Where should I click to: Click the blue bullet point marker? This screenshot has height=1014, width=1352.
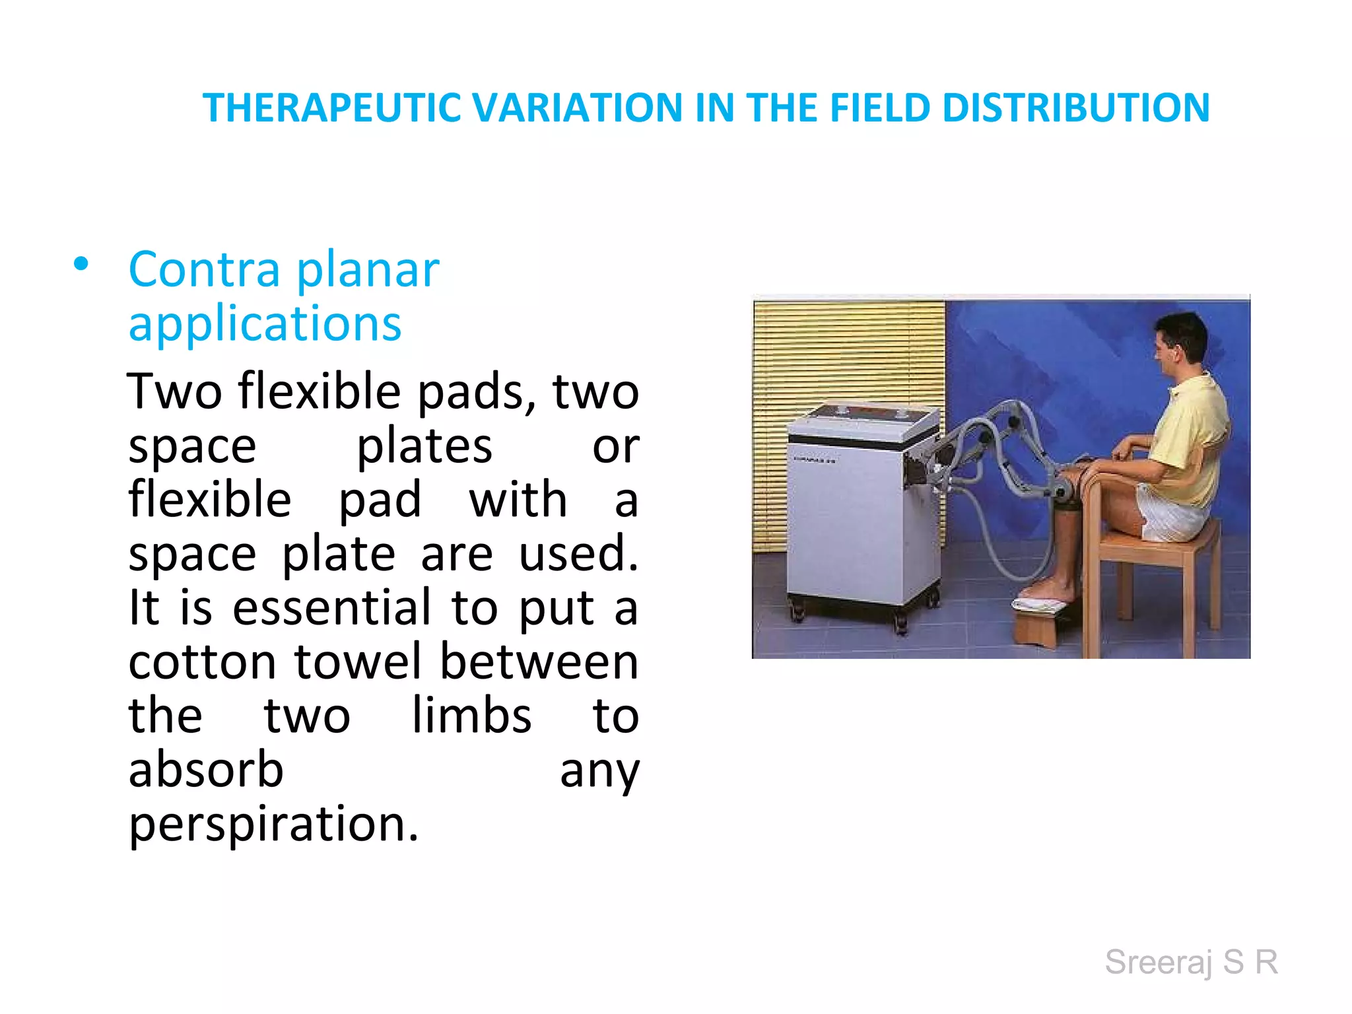(81, 265)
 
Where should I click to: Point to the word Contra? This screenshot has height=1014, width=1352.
(204, 270)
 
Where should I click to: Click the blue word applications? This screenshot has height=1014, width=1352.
(265, 324)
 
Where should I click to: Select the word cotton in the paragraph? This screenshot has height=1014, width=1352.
(202, 662)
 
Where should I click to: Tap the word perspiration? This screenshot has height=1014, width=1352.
(273, 825)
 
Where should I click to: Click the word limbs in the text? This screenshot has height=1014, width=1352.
(471, 716)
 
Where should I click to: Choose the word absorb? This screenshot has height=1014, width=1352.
(205, 770)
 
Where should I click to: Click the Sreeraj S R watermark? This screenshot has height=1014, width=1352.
(1192, 962)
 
